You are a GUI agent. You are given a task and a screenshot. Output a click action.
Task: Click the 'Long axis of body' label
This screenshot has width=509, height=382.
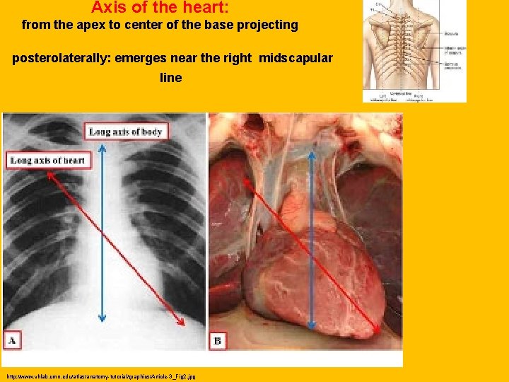tap(125, 132)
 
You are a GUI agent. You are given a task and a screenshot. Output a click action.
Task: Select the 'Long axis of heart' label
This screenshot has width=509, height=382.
tap(47, 161)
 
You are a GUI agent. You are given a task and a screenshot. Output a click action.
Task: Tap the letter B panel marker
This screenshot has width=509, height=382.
tap(218, 342)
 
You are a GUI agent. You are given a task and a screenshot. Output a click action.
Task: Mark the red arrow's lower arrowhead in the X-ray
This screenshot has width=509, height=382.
tap(182, 322)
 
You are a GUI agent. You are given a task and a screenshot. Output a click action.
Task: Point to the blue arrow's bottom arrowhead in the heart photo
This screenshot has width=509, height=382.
tap(310, 327)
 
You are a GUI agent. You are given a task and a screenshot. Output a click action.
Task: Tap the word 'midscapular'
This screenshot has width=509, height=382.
tap(296, 58)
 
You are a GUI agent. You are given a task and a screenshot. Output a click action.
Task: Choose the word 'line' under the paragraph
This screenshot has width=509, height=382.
tap(171, 77)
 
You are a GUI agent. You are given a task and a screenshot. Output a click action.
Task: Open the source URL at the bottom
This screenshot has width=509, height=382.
tap(100, 376)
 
